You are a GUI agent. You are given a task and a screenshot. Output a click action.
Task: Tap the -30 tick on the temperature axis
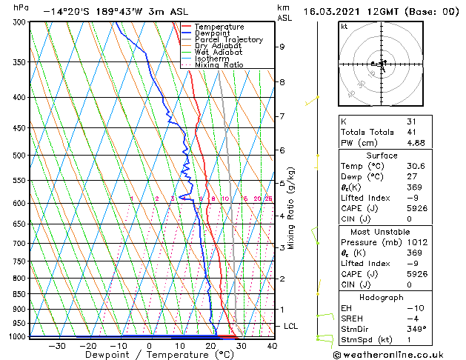[56, 345]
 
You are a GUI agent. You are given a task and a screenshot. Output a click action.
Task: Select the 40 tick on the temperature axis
[271, 345]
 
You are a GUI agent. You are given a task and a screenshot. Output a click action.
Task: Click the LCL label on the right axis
[291, 326]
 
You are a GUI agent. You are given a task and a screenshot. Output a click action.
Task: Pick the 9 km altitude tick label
[282, 47]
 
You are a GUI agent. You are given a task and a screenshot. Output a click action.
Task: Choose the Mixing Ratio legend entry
[219, 65]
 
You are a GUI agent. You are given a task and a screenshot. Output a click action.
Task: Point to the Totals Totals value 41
[412, 133]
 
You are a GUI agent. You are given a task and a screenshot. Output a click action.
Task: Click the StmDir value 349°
[417, 329]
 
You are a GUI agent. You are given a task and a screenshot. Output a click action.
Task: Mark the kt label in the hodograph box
[344, 27]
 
